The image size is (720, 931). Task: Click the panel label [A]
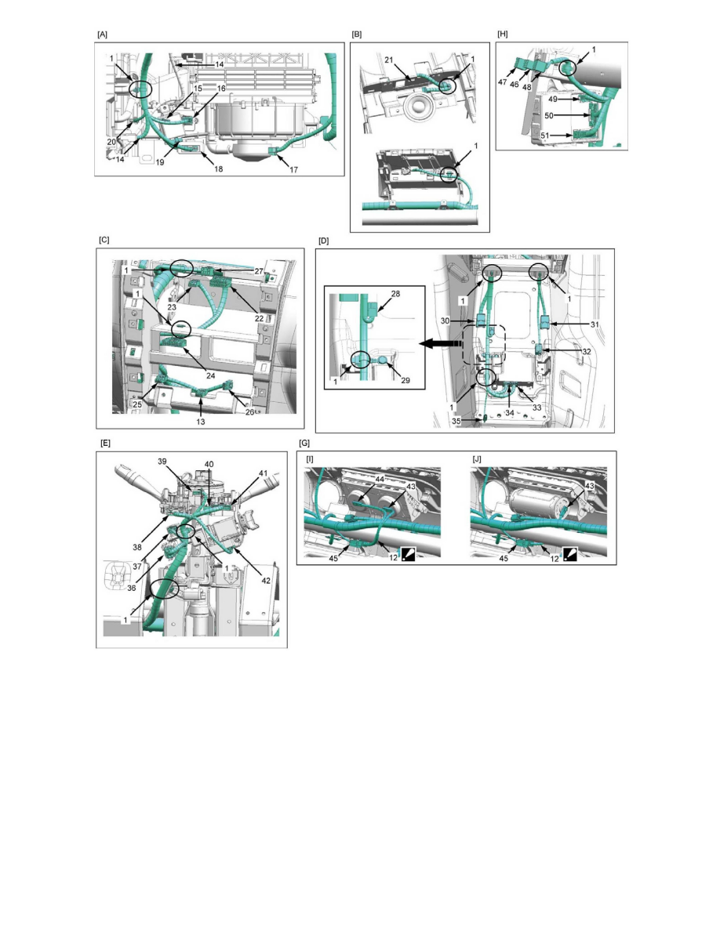[102, 34]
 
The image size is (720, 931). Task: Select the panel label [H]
[502, 34]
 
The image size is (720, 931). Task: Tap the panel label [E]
[105, 443]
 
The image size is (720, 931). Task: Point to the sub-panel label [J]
[476, 459]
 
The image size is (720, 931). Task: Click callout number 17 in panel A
[293, 170]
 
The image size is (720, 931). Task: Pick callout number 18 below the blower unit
[218, 169]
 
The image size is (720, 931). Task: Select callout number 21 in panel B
[388, 60]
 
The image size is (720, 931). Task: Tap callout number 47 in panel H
[503, 82]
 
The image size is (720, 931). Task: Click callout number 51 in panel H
[545, 136]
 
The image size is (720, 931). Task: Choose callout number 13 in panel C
[200, 422]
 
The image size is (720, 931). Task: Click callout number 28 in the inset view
[395, 294]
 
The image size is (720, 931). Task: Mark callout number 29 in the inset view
[405, 380]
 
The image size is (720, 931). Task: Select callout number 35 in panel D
[456, 420]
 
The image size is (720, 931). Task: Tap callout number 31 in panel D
[595, 324]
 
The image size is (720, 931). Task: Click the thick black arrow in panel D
[440, 344]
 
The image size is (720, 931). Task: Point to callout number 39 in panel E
[162, 462]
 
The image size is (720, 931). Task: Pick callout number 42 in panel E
[266, 580]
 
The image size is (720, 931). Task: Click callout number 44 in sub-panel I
[380, 479]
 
